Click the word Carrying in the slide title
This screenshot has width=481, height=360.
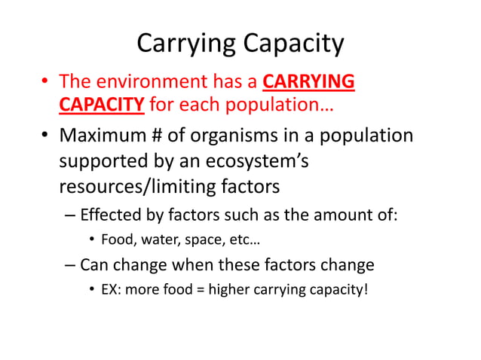184,44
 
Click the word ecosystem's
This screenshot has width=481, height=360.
259,162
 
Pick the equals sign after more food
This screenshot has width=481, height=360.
200,289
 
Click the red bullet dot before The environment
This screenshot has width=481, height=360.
46,82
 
